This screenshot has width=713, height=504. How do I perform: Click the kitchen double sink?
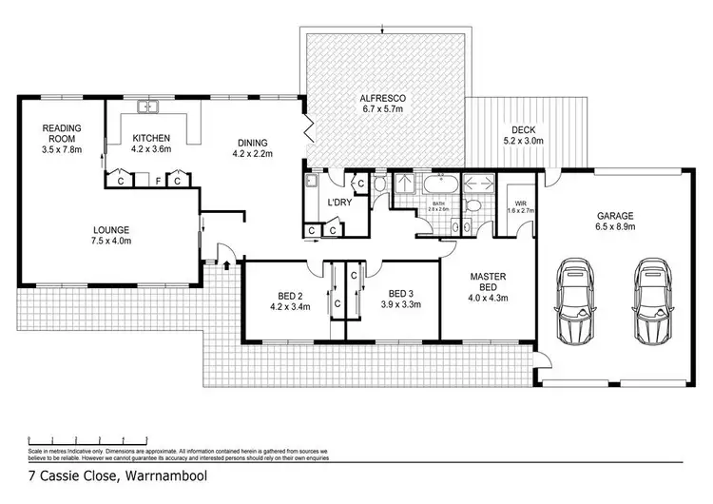tap(146, 106)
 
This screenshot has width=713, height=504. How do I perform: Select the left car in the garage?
tap(577, 303)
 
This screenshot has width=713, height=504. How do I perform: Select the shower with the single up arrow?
tap(404, 184)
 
